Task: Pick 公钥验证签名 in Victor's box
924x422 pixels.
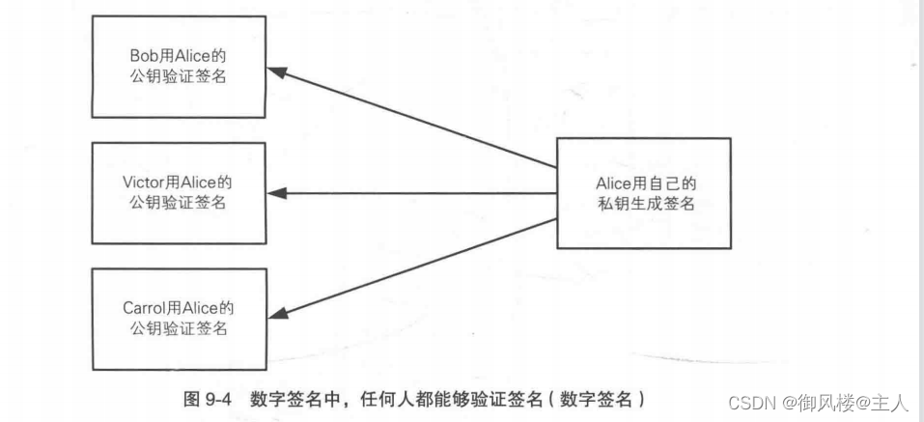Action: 178,203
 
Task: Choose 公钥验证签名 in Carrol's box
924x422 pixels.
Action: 178,329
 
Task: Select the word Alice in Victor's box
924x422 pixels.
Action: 201,182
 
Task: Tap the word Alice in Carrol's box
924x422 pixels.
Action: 202,308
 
